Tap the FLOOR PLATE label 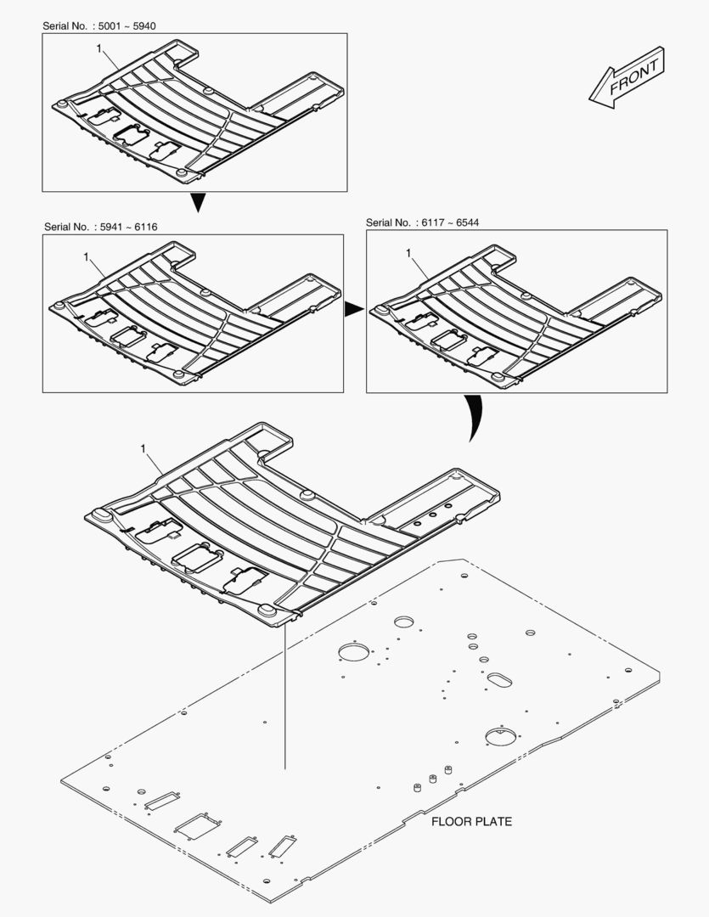coord(471,821)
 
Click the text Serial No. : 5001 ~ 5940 coord(99,26)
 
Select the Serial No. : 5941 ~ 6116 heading coord(100,227)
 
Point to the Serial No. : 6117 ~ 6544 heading coord(422,222)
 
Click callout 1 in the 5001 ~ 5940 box coord(99,50)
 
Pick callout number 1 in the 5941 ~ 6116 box coord(86,255)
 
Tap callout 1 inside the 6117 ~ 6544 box coord(408,253)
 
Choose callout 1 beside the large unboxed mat coord(143,447)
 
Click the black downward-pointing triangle coord(197,203)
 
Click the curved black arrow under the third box coord(472,418)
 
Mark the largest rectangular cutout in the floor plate coord(194,823)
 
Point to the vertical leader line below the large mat coord(285,696)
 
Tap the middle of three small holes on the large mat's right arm coord(432,515)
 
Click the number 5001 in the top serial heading coord(114,26)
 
